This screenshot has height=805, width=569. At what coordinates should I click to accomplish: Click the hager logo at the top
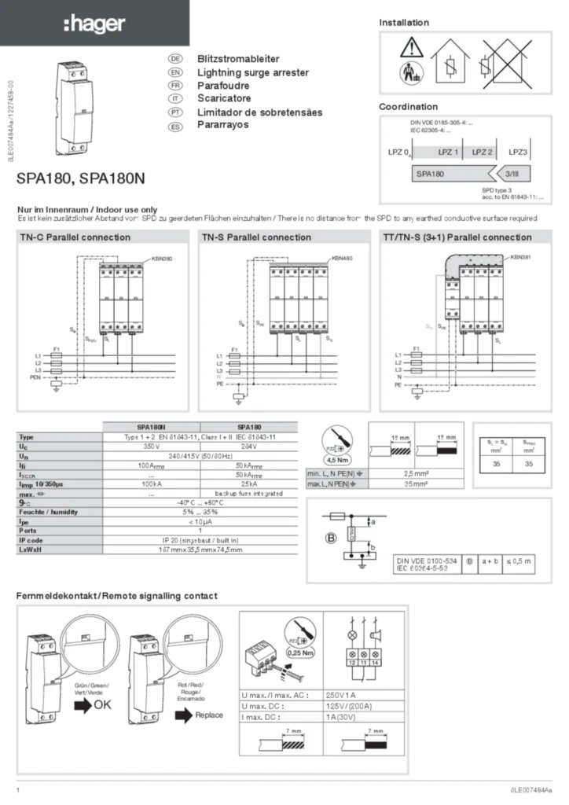tap(94, 25)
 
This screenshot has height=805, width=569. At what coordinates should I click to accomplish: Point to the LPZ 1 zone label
tap(448, 152)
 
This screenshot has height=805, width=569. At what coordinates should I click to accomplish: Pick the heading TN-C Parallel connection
tap(75, 237)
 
